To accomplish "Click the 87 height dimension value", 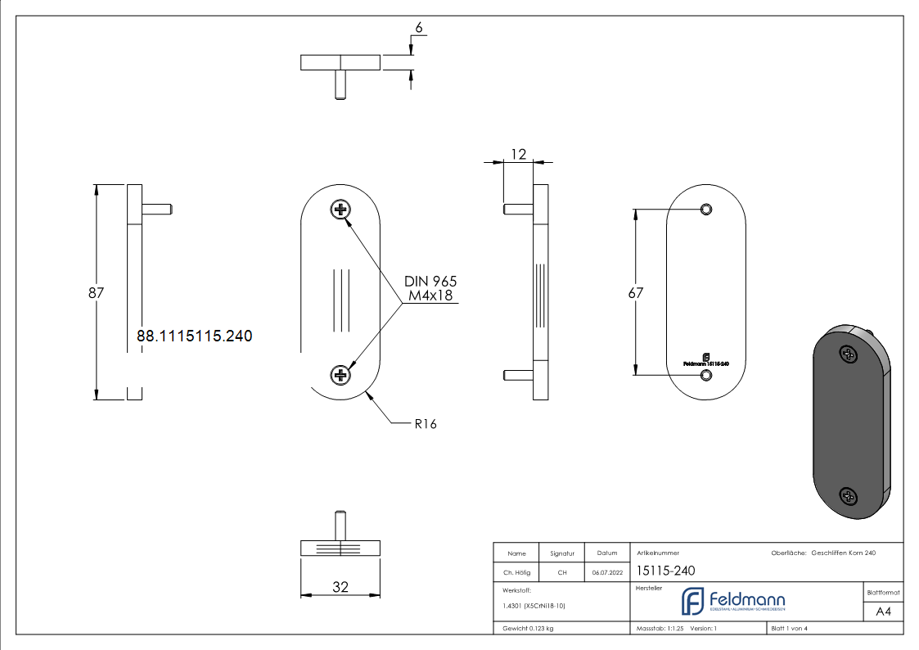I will coord(96,292).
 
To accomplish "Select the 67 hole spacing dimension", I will coord(636,292).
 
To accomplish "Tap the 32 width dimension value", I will coord(340,586).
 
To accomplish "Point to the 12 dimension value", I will coord(517,153).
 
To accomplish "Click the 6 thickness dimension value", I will coord(418,28).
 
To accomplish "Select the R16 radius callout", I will coord(425,424).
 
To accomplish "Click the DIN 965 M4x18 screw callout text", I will coord(430,288).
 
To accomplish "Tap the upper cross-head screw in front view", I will coord(340,210).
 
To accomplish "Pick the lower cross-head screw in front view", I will coord(340,375).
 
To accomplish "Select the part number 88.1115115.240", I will coord(194,336).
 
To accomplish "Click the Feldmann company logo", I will coord(732,601).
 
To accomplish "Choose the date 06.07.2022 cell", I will coord(607,573).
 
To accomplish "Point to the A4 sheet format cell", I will coord(883,612).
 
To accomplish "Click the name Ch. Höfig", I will coord(516,573).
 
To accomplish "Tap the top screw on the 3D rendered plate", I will coord(849,354).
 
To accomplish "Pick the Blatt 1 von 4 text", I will coord(789,629).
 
